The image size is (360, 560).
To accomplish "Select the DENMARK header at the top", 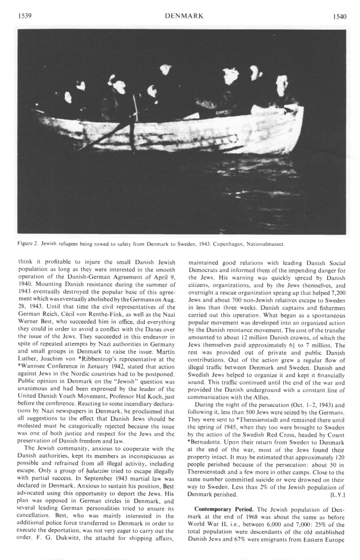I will tap(186, 16).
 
